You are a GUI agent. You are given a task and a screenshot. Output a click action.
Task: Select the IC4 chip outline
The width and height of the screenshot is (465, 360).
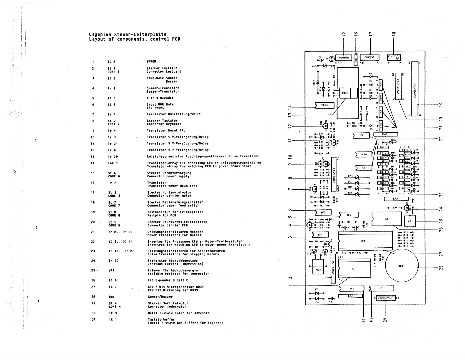pos(365,241)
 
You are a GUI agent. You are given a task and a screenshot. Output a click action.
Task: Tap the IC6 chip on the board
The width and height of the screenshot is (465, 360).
pos(387,219)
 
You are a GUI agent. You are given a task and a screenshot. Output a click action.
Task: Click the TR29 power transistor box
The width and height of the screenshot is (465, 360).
pos(344,93)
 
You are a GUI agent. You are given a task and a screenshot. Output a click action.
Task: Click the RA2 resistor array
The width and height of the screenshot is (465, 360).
pos(385,134)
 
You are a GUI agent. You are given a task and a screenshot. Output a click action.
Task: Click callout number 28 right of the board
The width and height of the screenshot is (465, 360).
pos(441,267)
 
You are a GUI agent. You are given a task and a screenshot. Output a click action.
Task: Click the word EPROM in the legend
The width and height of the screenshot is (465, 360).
pos(151,62)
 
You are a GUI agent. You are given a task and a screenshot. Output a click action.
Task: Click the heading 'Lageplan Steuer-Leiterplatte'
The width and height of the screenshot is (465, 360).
pos(128,34)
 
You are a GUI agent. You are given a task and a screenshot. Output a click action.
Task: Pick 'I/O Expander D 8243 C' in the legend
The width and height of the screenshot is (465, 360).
pos(168,280)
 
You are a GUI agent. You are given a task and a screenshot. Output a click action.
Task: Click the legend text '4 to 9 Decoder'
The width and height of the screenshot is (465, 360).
pos(160,98)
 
